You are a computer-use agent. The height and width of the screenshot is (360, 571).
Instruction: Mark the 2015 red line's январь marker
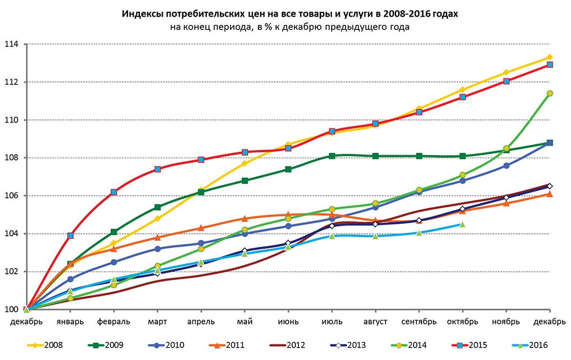70,235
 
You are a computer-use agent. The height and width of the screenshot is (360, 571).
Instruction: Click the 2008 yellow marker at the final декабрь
550,58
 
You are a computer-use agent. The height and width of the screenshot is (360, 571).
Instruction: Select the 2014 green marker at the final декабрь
550,93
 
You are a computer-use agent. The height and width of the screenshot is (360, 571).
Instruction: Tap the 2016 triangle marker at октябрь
463,224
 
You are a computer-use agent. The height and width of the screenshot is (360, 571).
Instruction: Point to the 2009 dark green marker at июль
332,156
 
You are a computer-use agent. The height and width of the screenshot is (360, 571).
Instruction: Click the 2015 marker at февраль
114,192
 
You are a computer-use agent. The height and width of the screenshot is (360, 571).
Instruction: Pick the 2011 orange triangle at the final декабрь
550,194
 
